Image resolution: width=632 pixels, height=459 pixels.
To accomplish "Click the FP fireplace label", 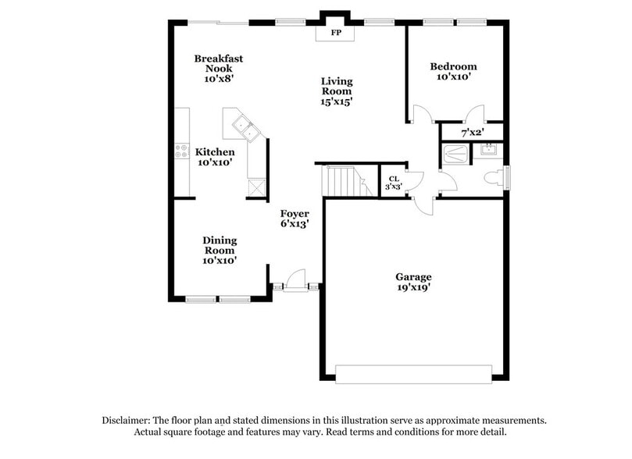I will [x=336, y=33].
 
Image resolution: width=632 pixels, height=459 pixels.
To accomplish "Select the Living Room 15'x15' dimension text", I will [x=337, y=101].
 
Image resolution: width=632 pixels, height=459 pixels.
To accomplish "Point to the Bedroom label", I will [x=453, y=67].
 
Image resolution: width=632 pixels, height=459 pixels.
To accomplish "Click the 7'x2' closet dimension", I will [x=472, y=133].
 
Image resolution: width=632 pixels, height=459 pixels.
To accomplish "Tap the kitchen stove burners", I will [x=181, y=150].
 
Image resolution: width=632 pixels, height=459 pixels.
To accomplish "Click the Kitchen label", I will [x=215, y=152].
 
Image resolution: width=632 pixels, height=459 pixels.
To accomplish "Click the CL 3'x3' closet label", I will [x=393, y=183].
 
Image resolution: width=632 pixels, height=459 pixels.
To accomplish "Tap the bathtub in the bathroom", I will [x=455, y=154].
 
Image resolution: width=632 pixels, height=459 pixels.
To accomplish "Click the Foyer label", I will [x=295, y=214].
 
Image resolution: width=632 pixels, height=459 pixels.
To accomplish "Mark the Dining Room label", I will [x=220, y=245].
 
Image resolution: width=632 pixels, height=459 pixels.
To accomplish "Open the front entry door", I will [x=296, y=279].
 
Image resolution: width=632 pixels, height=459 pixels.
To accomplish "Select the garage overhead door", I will [x=413, y=373].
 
